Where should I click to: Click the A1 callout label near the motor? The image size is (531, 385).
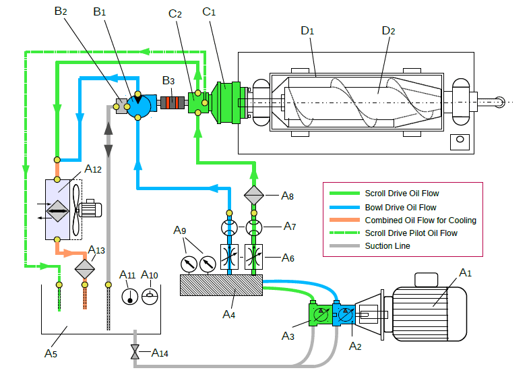click(x=465, y=272)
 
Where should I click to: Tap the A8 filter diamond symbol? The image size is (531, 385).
click(x=254, y=196)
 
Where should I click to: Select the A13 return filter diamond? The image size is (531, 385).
click(x=85, y=268)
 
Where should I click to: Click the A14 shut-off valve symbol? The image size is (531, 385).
click(x=135, y=352)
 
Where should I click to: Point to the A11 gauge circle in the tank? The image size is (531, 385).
click(x=129, y=296)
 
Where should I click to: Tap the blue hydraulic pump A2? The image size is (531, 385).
click(x=344, y=314)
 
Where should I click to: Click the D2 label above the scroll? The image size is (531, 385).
click(x=387, y=30)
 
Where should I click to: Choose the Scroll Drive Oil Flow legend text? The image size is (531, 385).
click(x=402, y=194)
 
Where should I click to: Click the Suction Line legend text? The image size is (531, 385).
click(x=387, y=246)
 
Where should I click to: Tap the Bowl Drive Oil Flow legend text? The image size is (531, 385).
click(x=400, y=207)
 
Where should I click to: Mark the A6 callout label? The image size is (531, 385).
click(x=288, y=258)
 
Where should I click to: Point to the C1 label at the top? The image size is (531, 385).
click(x=210, y=12)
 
